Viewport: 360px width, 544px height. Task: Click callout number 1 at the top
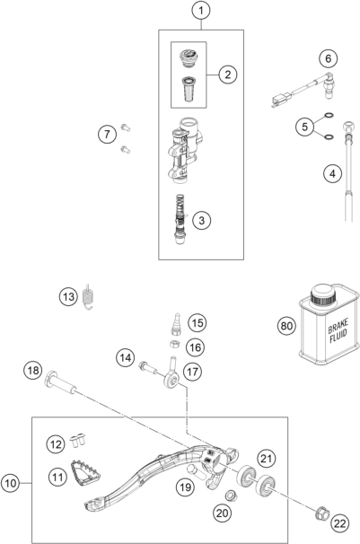201,11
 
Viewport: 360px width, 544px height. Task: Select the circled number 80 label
286,326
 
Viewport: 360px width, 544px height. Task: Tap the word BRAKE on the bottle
338,326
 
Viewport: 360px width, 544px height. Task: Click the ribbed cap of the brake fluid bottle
323,294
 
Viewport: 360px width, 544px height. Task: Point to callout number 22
340,523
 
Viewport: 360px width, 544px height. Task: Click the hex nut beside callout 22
321,513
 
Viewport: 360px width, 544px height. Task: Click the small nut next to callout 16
174,345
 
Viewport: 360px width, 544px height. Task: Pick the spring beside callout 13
89,297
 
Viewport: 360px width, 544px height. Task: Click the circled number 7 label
107,134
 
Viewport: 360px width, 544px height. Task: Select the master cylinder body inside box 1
184,150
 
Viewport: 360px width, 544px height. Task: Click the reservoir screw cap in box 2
188,57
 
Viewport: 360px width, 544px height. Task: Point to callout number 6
328,58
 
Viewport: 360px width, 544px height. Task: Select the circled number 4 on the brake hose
332,173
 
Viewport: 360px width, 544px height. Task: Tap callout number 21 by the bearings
266,459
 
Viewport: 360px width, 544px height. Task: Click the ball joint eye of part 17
171,382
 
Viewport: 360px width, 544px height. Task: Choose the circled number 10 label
11,483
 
